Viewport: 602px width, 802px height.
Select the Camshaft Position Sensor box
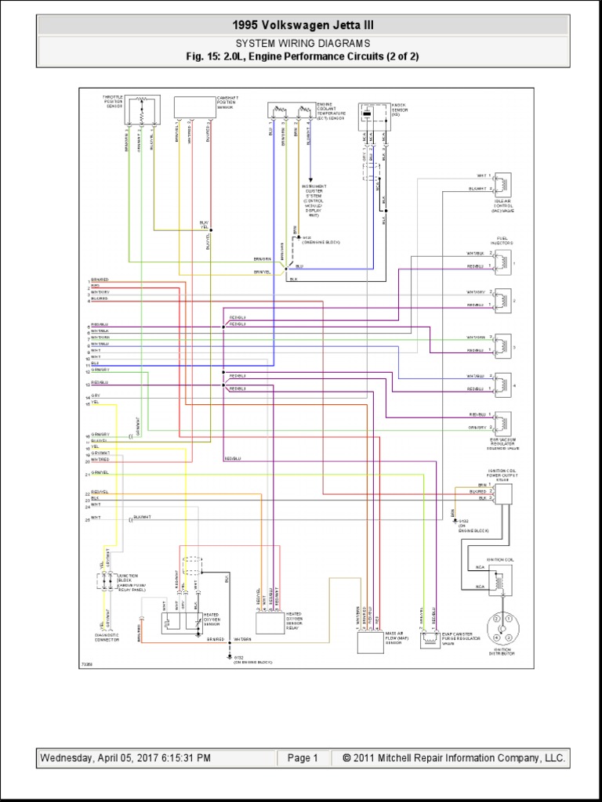pos(193,107)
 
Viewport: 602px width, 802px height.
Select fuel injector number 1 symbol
pos(502,260)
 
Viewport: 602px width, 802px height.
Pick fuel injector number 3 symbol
pos(502,344)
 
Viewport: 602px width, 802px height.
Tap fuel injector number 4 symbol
pos(502,382)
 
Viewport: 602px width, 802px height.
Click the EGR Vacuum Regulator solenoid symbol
pos(502,421)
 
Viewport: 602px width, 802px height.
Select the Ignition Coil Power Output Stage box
pos(502,492)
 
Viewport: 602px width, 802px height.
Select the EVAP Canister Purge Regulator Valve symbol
pos(430,638)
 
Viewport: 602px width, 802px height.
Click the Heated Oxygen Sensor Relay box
pos(270,623)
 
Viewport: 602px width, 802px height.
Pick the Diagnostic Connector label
pos(106,638)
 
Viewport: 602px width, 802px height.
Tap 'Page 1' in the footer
pos(303,757)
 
